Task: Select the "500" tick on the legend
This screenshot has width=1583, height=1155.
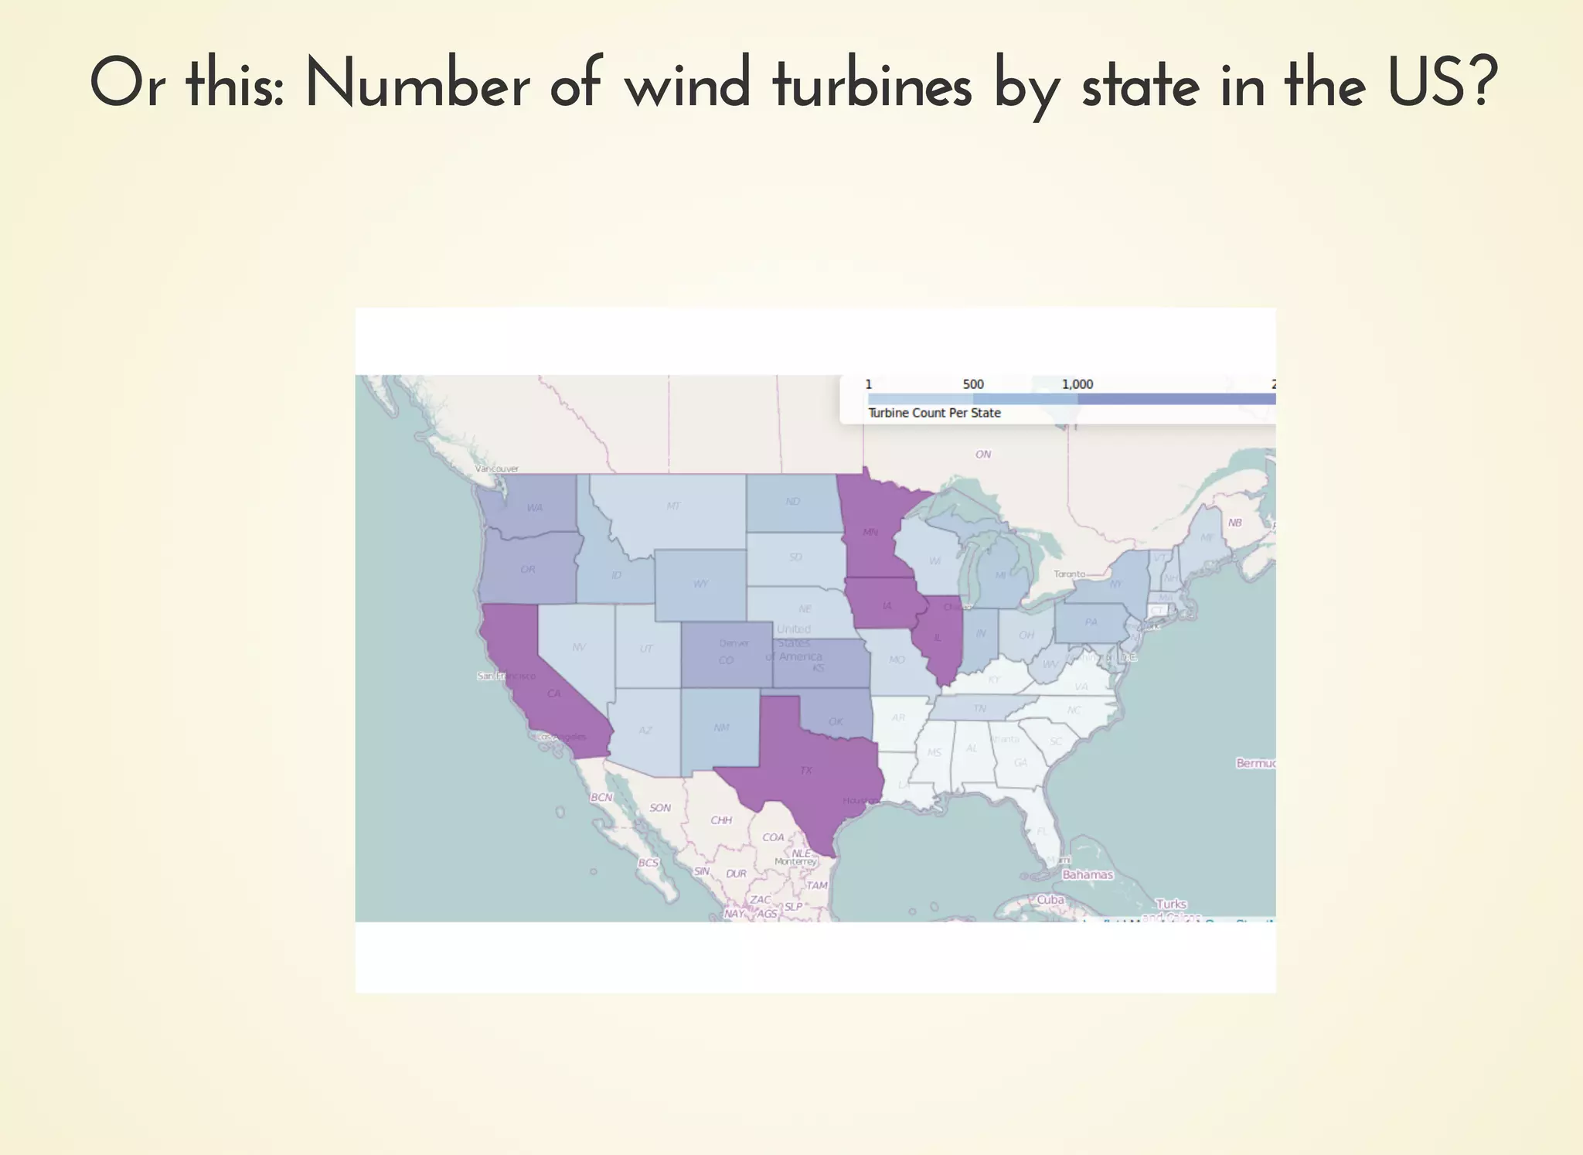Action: [x=973, y=384]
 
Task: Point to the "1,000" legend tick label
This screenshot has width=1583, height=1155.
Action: [x=1077, y=384]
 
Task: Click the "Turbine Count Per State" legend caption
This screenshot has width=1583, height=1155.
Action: [x=934, y=413]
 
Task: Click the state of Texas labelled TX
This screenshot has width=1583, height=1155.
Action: [x=805, y=770]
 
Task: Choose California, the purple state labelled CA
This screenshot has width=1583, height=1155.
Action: [x=553, y=693]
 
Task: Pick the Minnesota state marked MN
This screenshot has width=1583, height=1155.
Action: [x=870, y=532]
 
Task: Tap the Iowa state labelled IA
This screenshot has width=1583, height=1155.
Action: [x=886, y=605]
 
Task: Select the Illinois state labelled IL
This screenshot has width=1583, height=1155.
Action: [x=938, y=638]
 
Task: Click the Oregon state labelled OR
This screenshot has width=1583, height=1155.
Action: [x=528, y=569]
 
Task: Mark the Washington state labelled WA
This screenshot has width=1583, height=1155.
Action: [x=534, y=508]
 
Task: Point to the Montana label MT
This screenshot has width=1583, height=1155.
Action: [x=673, y=506]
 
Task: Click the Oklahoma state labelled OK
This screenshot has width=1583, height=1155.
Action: [x=836, y=721]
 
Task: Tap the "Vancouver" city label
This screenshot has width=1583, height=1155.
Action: [x=497, y=468]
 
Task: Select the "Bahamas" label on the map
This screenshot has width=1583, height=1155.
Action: [x=1088, y=874]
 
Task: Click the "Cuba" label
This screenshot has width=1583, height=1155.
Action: [x=1050, y=899]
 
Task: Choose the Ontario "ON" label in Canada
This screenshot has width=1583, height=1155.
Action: [x=982, y=455]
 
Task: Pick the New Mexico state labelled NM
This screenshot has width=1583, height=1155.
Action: [x=721, y=727]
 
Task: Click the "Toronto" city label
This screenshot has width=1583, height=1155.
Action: [x=1069, y=574]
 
